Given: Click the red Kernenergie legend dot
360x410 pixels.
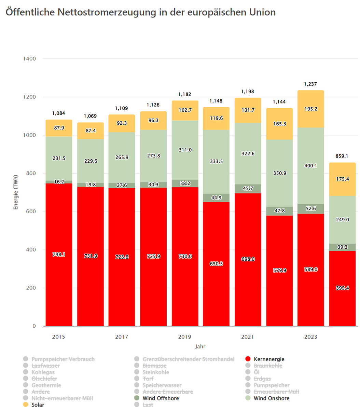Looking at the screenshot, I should click(248, 359).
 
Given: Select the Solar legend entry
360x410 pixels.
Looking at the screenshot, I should click(38, 405).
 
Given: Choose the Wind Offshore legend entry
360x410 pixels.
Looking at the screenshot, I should click(161, 398).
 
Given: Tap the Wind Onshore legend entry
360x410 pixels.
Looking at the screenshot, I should click(272, 398).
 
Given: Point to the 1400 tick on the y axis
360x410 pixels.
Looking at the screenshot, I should click(30, 59).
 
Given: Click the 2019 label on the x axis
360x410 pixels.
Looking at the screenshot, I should click(185, 337).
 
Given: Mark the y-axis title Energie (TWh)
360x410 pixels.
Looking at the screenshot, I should click(16, 192).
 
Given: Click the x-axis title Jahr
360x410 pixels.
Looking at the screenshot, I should click(200, 346).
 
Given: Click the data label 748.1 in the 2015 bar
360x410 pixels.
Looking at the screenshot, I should click(59, 255).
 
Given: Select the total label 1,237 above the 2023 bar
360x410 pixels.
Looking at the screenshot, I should click(310, 84).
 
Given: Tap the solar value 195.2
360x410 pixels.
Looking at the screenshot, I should click(310, 109).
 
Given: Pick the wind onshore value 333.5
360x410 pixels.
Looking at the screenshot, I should click(216, 161).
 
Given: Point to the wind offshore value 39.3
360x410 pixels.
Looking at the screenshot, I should click(342, 247).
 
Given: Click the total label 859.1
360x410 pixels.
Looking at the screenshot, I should click(342, 156).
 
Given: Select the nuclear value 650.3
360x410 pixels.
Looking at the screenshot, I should click(216, 264).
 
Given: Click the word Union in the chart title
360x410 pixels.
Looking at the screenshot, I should click(260, 12).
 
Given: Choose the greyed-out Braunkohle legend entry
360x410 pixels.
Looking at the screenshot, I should click(268, 366).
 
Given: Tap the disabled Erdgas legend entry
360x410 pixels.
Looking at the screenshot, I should click(262, 379).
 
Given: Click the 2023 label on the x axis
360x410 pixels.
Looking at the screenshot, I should click(310, 337).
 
